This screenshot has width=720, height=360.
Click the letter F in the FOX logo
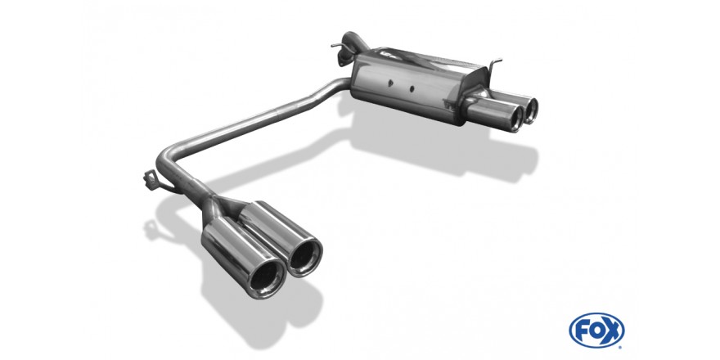(583, 330)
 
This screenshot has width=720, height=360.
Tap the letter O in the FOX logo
(596, 330)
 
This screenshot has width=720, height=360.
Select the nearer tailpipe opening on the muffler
(516, 118)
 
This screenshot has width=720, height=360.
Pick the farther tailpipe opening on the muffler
(531, 110)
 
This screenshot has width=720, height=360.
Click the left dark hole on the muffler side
(390, 83)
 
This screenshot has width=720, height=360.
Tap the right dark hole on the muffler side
(412, 88)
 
